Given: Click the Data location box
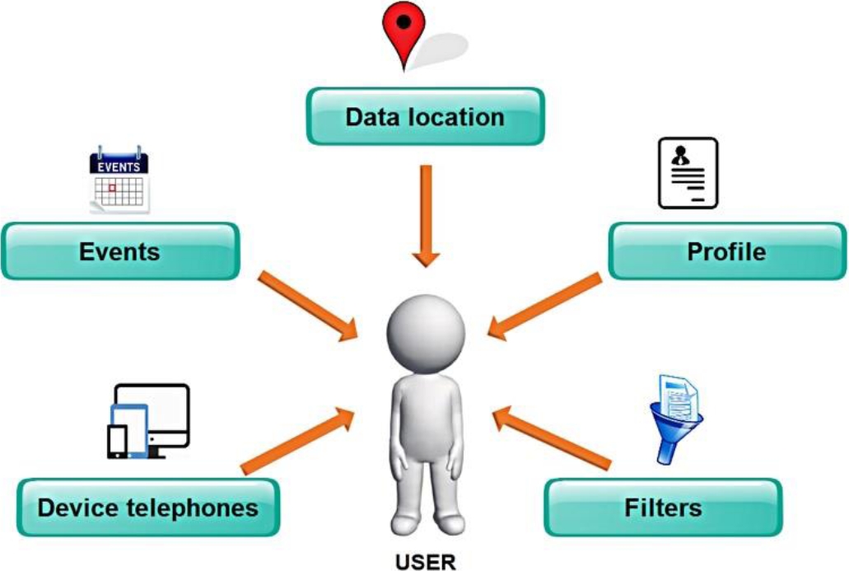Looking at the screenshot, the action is [x=425, y=116].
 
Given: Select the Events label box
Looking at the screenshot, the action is [x=120, y=251].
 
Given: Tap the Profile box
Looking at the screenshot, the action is [x=727, y=251].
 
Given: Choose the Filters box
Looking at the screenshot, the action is [x=663, y=508].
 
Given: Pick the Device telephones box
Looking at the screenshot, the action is [x=148, y=508].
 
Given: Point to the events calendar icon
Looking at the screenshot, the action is [x=119, y=180].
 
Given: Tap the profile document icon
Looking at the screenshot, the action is [x=688, y=173].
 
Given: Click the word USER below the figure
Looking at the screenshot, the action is [x=425, y=562].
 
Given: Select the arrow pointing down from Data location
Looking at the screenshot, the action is [x=426, y=216].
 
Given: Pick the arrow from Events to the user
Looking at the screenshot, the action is [x=307, y=307].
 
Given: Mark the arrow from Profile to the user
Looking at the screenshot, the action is [x=544, y=307].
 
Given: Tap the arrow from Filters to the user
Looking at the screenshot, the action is [x=551, y=438].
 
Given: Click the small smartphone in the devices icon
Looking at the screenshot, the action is [x=118, y=442].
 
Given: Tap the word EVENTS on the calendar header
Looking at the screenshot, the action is [x=119, y=167].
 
